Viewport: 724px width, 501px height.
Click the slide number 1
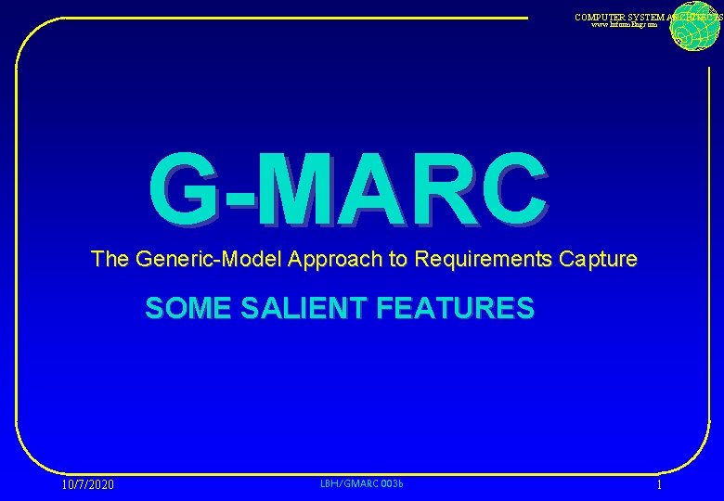[x=659, y=485]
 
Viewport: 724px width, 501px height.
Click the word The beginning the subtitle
[x=110, y=260]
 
